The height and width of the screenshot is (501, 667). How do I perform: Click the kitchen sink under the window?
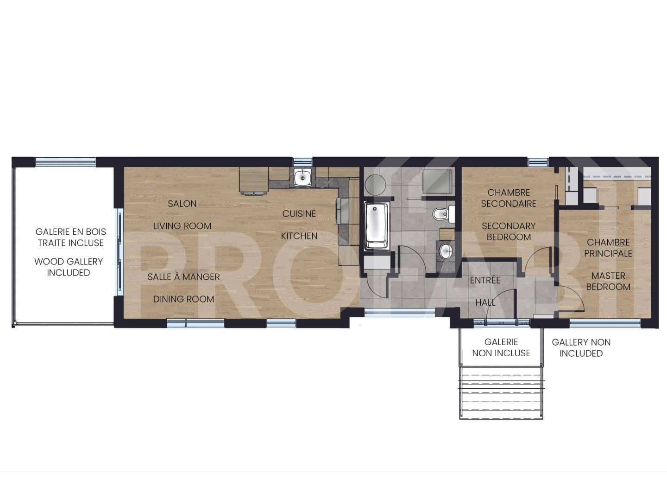(302, 177)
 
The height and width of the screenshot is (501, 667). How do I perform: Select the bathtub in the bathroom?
(376, 226)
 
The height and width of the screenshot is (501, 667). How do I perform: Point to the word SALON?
(182, 204)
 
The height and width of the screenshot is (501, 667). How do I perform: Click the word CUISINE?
(299, 214)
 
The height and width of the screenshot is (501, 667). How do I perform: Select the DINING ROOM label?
(183, 299)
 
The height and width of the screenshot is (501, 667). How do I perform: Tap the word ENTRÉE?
(485, 280)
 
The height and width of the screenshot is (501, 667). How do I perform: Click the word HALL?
(485, 302)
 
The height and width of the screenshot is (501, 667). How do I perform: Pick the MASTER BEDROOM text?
(608, 281)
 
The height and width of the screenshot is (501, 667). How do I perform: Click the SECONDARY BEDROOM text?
(509, 231)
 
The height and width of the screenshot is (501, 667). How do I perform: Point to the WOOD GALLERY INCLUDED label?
(69, 267)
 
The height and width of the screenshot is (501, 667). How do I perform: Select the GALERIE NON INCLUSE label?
(501, 347)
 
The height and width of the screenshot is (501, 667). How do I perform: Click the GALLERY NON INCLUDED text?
(581, 347)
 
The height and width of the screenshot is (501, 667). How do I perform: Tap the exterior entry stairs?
(501, 392)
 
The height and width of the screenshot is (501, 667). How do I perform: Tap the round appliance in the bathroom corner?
(375, 185)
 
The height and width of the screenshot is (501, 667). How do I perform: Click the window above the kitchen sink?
(302, 161)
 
